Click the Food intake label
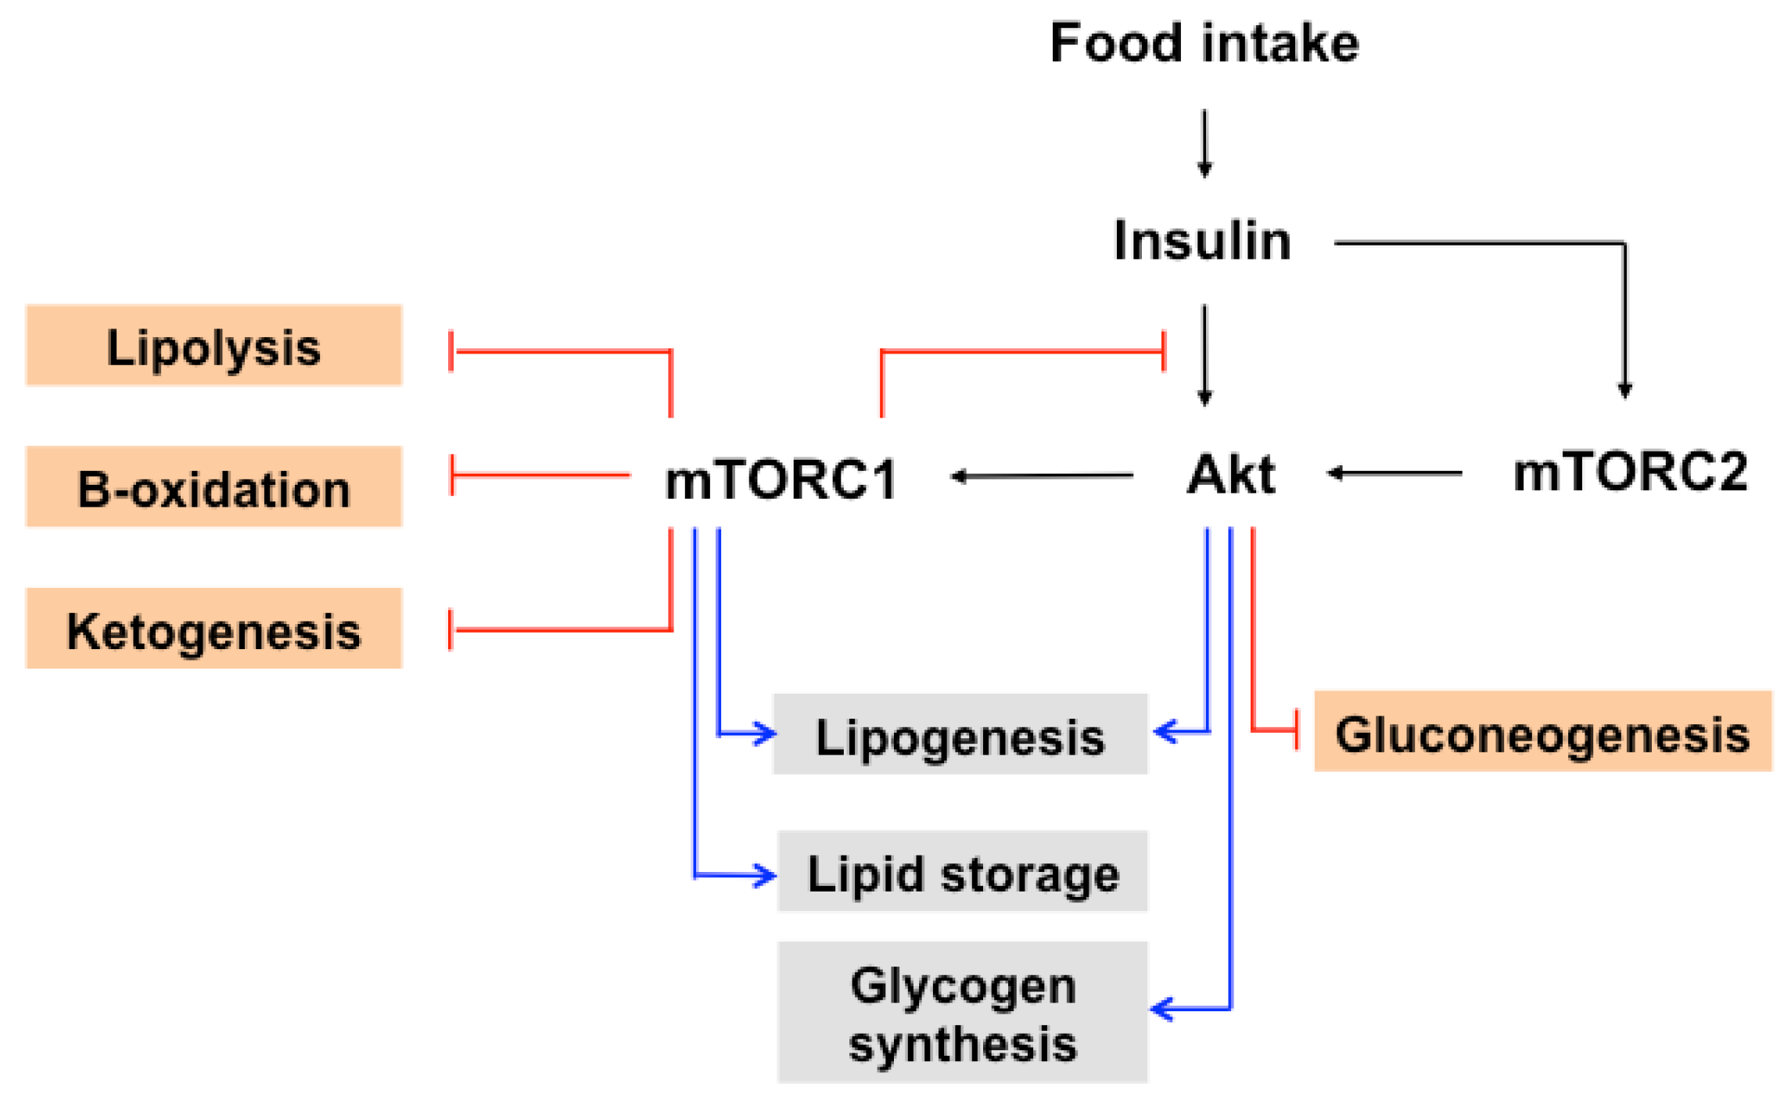coord(1204,43)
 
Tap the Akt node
coord(1230,474)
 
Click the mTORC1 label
coord(781,479)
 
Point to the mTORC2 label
coord(1629,472)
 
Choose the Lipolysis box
coord(214,346)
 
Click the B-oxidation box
coord(214,487)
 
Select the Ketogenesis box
coord(214,629)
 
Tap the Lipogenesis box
coord(960,734)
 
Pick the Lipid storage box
coord(962,871)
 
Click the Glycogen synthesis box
coord(962,1012)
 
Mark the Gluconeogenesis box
coord(1542,731)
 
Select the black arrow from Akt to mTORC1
coord(1041,475)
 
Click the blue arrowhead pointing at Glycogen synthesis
coord(1161,1009)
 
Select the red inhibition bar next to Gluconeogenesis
coord(1298,730)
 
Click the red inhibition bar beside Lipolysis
coord(451,351)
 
